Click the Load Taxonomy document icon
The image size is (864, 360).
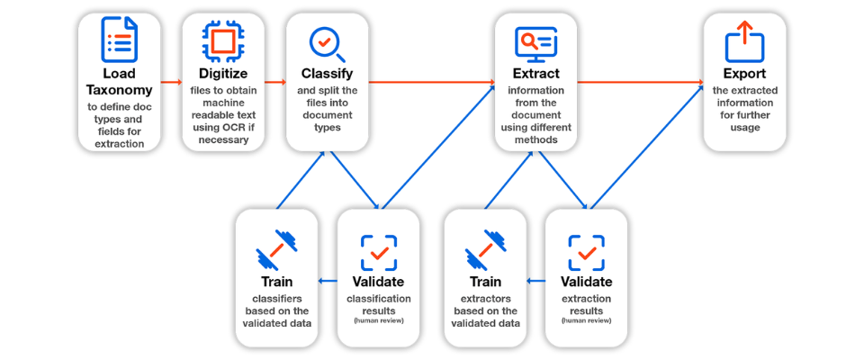(119, 39)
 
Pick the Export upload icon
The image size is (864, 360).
(744, 41)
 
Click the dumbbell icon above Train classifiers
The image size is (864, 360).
(276, 248)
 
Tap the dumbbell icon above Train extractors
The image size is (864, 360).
(485, 248)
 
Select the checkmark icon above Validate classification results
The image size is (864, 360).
(379, 253)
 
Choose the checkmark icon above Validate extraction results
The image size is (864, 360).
(586, 253)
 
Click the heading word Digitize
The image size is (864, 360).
(223, 73)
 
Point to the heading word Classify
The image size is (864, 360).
(328, 73)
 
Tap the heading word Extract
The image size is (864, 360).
(536, 73)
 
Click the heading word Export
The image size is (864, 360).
(744, 73)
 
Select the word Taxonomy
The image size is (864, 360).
(119, 89)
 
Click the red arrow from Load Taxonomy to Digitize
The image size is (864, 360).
(171, 83)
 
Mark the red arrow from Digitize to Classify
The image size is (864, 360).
(275, 83)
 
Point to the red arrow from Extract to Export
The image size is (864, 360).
(641, 83)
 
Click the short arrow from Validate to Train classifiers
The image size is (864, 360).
(328, 281)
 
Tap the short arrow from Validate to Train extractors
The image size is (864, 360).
(536, 281)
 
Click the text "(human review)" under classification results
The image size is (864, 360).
(379, 320)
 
